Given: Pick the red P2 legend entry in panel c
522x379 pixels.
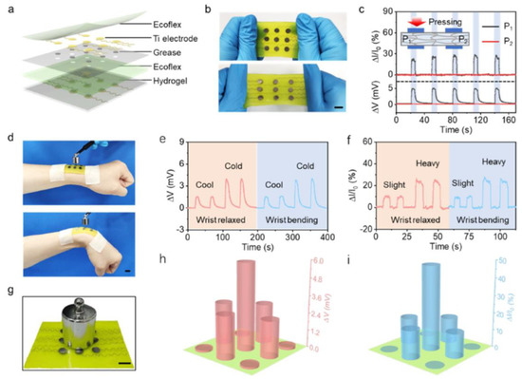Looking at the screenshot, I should [x=497, y=31].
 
